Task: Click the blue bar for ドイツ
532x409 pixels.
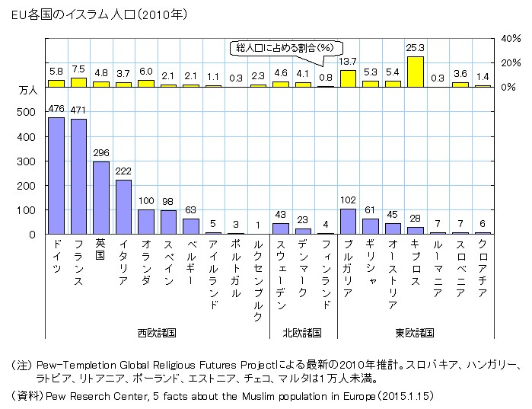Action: pos(56,176)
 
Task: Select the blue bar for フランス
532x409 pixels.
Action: pos(78,177)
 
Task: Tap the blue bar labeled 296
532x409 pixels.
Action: pos(101,198)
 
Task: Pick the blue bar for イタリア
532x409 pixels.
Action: pos(123,207)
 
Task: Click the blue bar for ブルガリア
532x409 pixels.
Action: pos(348,222)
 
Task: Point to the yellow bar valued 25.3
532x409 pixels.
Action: pos(415,72)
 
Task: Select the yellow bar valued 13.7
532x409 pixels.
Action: pos(348,78)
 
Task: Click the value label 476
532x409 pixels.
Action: pos(56,110)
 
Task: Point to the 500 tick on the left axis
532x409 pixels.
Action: pos(27,112)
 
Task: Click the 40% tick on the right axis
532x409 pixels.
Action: pos(509,37)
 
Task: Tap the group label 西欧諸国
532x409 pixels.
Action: pos(157,333)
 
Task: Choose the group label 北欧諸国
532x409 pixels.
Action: pos(302,333)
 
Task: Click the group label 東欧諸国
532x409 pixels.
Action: pos(415,333)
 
